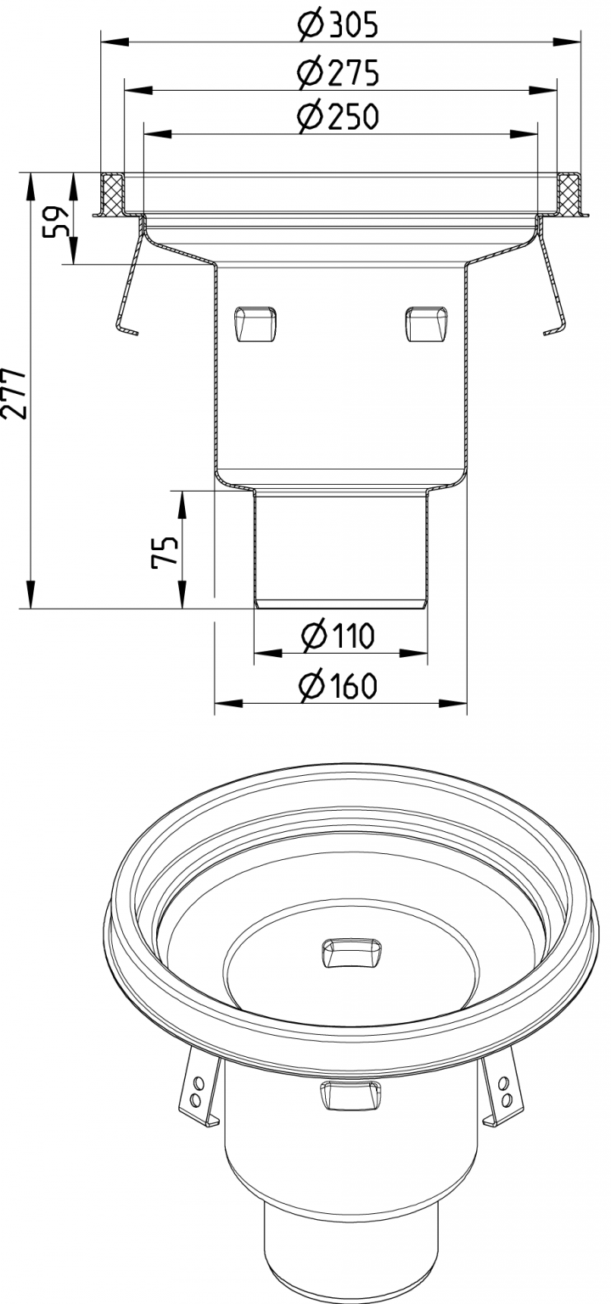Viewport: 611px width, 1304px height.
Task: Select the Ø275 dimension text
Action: pos(338,74)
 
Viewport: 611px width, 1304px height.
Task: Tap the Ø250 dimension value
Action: pos(338,117)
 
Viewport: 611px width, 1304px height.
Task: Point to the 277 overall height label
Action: pos(19,392)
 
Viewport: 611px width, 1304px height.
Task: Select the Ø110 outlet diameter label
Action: pos(338,635)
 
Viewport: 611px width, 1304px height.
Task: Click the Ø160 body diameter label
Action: pos(338,685)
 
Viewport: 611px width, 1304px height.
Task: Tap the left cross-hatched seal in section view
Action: pos(112,194)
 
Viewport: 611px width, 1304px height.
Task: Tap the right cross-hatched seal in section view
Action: pos(569,194)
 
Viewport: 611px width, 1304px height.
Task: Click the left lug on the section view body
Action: pos(255,323)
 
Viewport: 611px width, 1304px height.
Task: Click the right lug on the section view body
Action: pos(426,323)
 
